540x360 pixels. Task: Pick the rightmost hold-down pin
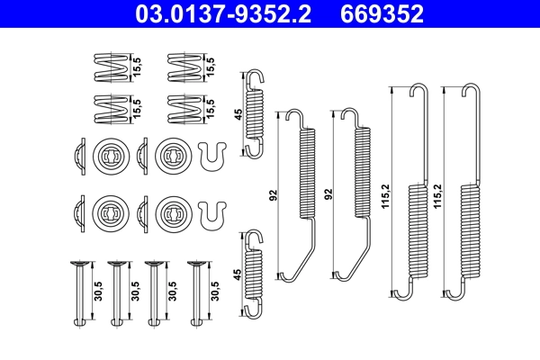pos(193,292)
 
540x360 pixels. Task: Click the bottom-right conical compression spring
pos(183,107)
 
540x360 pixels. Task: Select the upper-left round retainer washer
pos(107,155)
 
